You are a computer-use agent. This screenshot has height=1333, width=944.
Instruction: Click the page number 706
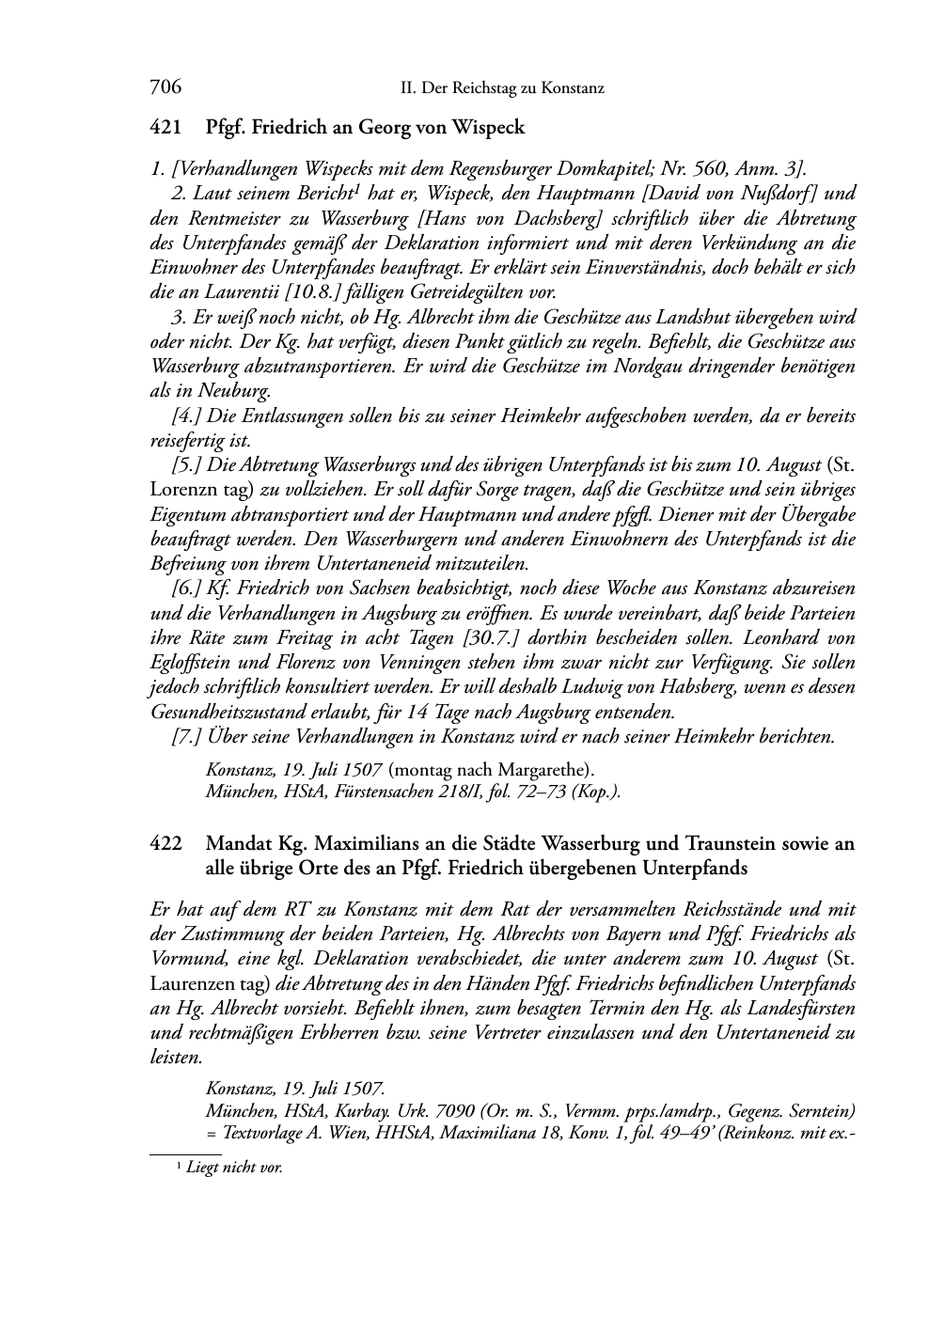pos(165,87)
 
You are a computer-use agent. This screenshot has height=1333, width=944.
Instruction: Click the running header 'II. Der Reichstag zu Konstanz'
pos(502,88)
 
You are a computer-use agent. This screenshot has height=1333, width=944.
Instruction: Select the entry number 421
pos(165,127)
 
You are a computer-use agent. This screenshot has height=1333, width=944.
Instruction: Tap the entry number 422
pos(165,843)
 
